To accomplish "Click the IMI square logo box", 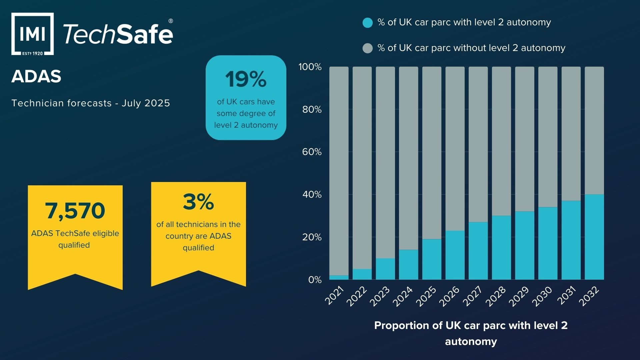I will [32, 34].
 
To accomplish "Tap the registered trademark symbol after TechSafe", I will [171, 21].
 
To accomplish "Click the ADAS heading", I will [36, 76].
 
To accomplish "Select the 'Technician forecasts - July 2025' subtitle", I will [91, 103].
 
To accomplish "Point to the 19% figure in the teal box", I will [246, 79].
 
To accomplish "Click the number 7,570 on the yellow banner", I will [75, 211].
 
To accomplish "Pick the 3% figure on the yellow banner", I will [198, 202].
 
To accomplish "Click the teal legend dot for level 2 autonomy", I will [367, 23].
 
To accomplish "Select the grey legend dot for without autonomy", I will [367, 48].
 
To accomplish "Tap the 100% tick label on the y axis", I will [310, 67].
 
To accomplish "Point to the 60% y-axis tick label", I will [312, 152].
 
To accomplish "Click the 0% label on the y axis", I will [315, 280].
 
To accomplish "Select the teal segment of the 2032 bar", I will [594, 237].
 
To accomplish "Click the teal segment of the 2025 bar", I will [432, 259].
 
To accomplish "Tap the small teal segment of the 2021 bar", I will [339, 277].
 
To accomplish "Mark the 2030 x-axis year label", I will [542, 296].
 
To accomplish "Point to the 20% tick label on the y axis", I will [312, 237].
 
